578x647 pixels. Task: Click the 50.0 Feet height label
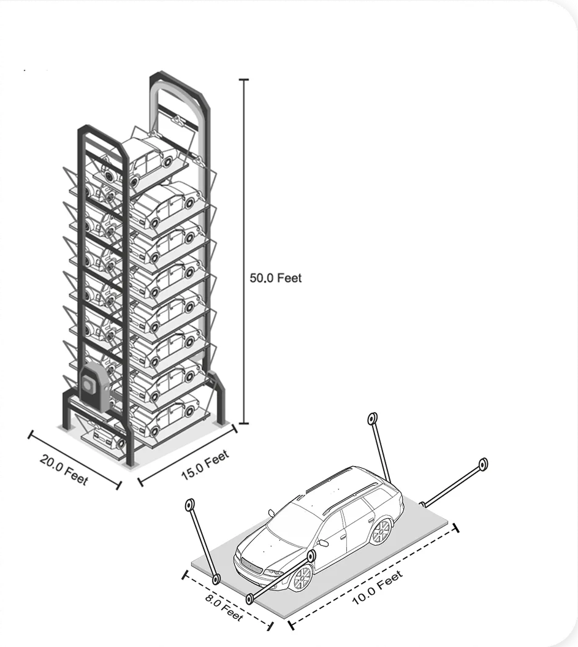(x=275, y=278)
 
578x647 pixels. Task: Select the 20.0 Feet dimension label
(x=64, y=469)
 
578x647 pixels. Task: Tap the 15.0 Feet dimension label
(x=205, y=465)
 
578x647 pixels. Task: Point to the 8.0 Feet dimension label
(x=224, y=607)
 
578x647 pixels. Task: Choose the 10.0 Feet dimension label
(x=377, y=588)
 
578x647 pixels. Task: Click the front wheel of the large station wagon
(x=302, y=577)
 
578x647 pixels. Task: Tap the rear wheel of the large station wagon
(x=381, y=531)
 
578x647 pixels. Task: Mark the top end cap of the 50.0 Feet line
(x=244, y=80)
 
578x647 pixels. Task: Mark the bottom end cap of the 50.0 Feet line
(x=244, y=423)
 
